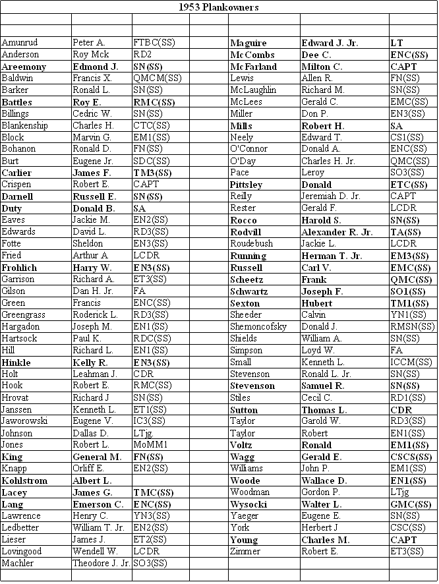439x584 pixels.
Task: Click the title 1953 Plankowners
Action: click(219, 7)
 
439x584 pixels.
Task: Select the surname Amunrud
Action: click(20, 43)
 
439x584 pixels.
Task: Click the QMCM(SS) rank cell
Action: click(157, 78)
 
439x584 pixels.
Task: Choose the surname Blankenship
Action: click(24, 125)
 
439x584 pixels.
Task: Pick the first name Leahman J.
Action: click(95, 374)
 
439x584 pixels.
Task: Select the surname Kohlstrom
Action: click(24, 481)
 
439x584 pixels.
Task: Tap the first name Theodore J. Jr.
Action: click(102, 564)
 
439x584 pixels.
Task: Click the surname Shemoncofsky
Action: click(258, 327)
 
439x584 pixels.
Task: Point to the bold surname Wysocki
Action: click(249, 504)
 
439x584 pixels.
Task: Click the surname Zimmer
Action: click(245, 552)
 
